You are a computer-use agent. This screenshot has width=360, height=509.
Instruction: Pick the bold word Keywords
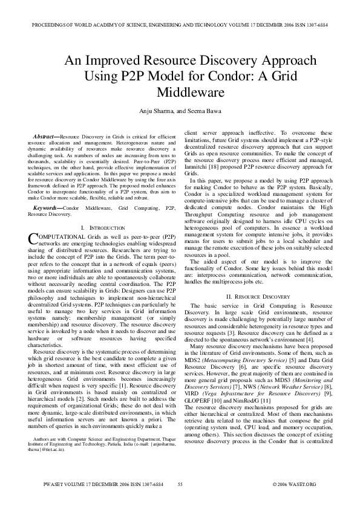click(x=47, y=190)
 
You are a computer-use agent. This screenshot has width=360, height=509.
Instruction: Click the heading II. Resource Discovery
click(x=258, y=297)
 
